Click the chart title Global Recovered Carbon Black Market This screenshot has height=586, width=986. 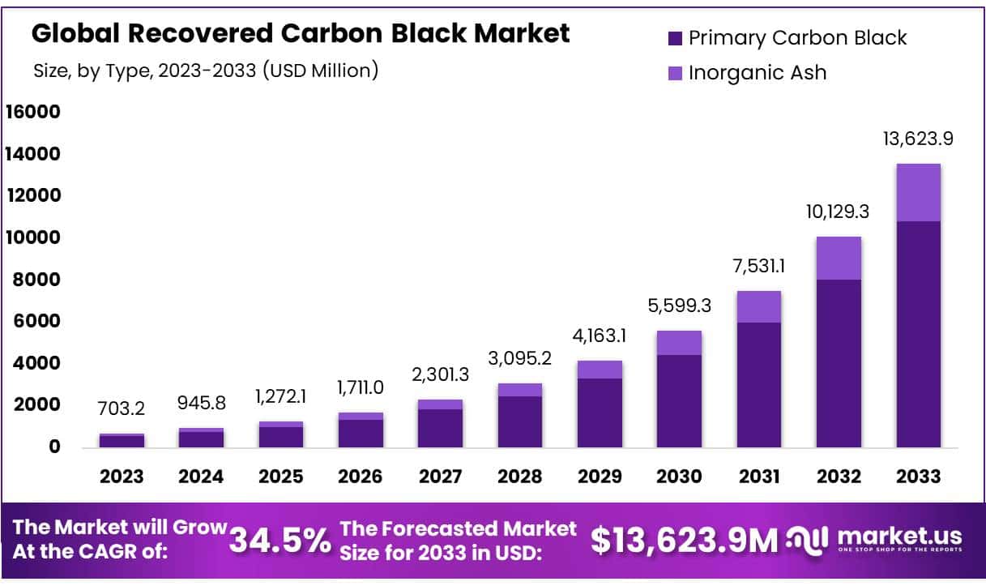[300, 34]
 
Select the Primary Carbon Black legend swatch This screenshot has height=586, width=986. [676, 38]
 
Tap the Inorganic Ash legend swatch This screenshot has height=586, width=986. [676, 73]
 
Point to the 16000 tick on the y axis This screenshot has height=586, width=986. [33, 112]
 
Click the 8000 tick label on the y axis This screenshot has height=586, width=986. [38, 280]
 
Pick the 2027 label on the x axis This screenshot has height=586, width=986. [440, 476]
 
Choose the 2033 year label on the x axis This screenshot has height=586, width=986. [918, 476]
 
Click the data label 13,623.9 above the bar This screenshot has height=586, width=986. [918, 139]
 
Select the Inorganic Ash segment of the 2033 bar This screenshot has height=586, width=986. [918, 193]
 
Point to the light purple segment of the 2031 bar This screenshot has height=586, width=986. [759, 307]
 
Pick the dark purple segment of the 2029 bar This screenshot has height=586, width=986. [600, 413]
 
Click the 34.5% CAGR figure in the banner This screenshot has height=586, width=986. [280, 541]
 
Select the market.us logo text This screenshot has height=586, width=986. [899, 536]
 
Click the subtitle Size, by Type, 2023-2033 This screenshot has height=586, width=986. [206, 71]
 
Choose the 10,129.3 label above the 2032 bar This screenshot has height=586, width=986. [839, 212]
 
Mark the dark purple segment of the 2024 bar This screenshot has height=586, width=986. [201, 439]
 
